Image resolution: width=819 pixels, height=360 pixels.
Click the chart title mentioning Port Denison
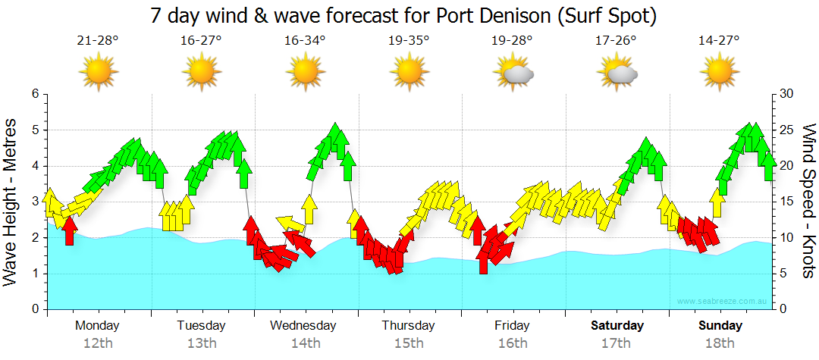point(403,15)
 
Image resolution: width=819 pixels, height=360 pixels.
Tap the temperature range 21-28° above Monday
point(98,41)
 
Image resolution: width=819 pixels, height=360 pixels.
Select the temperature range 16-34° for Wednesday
point(306,41)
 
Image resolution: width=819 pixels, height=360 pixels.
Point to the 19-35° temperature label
point(409,41)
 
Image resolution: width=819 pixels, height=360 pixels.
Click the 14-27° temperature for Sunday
point(719,41)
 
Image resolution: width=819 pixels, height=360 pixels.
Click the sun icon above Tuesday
point(201,72)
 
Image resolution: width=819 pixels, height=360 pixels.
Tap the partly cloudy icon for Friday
point(513,73)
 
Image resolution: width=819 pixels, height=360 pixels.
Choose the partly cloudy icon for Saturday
point(617,73)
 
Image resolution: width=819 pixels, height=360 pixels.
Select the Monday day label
point(97,326)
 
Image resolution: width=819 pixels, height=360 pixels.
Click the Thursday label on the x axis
point(408,326)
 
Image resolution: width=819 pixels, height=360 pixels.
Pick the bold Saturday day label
point(617,326)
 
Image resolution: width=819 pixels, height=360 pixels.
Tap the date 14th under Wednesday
point(305,343)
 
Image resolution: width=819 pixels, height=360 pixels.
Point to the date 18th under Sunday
point(720,343)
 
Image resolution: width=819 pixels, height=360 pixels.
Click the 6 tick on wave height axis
point(34,94)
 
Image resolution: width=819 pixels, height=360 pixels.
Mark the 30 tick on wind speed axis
point(787,94)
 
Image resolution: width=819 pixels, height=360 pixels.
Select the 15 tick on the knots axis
point(786,202)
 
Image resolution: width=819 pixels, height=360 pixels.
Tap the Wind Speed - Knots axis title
point(808,201)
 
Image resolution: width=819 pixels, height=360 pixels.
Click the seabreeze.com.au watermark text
point(723,301)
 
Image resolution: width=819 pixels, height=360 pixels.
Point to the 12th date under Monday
point(97,343)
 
